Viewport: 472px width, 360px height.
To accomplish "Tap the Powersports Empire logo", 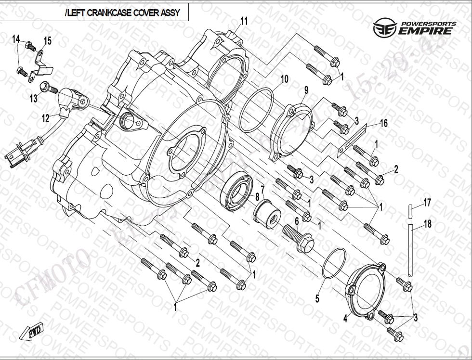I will pos(414,28).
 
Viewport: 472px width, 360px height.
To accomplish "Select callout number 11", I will pos(244,21).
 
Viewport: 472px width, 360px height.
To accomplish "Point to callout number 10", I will pos(284,78).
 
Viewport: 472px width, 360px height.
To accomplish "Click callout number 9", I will pos(305,90).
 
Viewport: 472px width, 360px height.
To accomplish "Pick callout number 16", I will pos(383,124).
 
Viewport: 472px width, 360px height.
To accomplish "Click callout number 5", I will pos(317,299).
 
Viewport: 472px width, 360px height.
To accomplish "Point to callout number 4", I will pos(345,319).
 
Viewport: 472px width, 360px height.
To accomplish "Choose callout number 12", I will pos(45,116).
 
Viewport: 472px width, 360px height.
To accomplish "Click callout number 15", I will pos(47,41).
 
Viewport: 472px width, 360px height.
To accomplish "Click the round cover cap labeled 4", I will pos(367,291).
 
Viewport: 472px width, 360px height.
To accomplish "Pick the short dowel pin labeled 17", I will pos(410,210).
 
